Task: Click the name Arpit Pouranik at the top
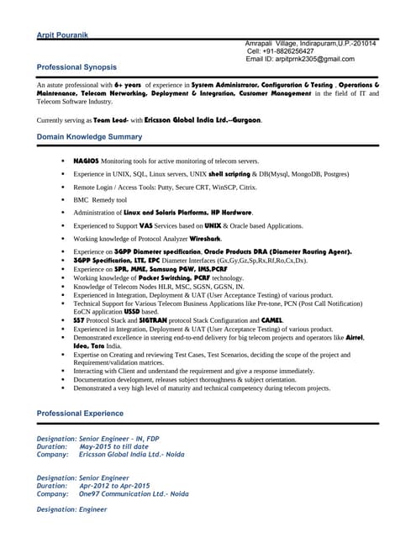[62, 34]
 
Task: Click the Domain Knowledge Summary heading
[90, 136]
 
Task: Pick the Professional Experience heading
[81, 414]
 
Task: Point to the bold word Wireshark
[205, 239]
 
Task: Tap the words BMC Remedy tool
[100, 200]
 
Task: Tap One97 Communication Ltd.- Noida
[134, 494]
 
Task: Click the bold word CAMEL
[273, 321]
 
